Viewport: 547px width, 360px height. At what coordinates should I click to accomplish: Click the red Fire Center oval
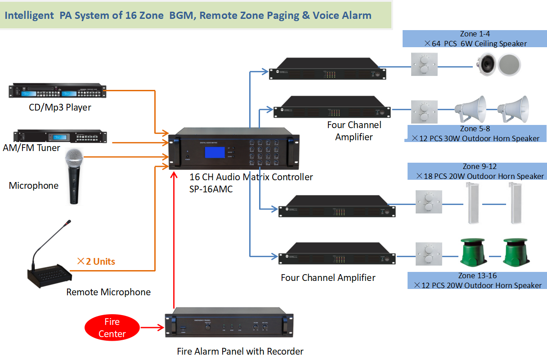coord(112,328)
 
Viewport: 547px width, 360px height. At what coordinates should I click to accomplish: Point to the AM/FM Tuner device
coord(62,136)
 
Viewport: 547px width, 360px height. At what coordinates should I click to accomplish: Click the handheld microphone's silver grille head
coord(74,159)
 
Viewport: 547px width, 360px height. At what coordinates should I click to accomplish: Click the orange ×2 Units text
coord(96,262)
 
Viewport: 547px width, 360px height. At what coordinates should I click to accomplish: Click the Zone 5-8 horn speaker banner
coord(475,134)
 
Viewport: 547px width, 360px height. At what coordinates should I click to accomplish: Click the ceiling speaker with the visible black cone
coord(486,64)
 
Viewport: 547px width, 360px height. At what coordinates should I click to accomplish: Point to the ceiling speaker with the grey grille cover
coord(510,64)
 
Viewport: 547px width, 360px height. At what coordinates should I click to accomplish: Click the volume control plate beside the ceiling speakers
coord(424,65)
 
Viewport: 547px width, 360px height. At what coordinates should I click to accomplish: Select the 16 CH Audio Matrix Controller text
coord(251,177)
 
